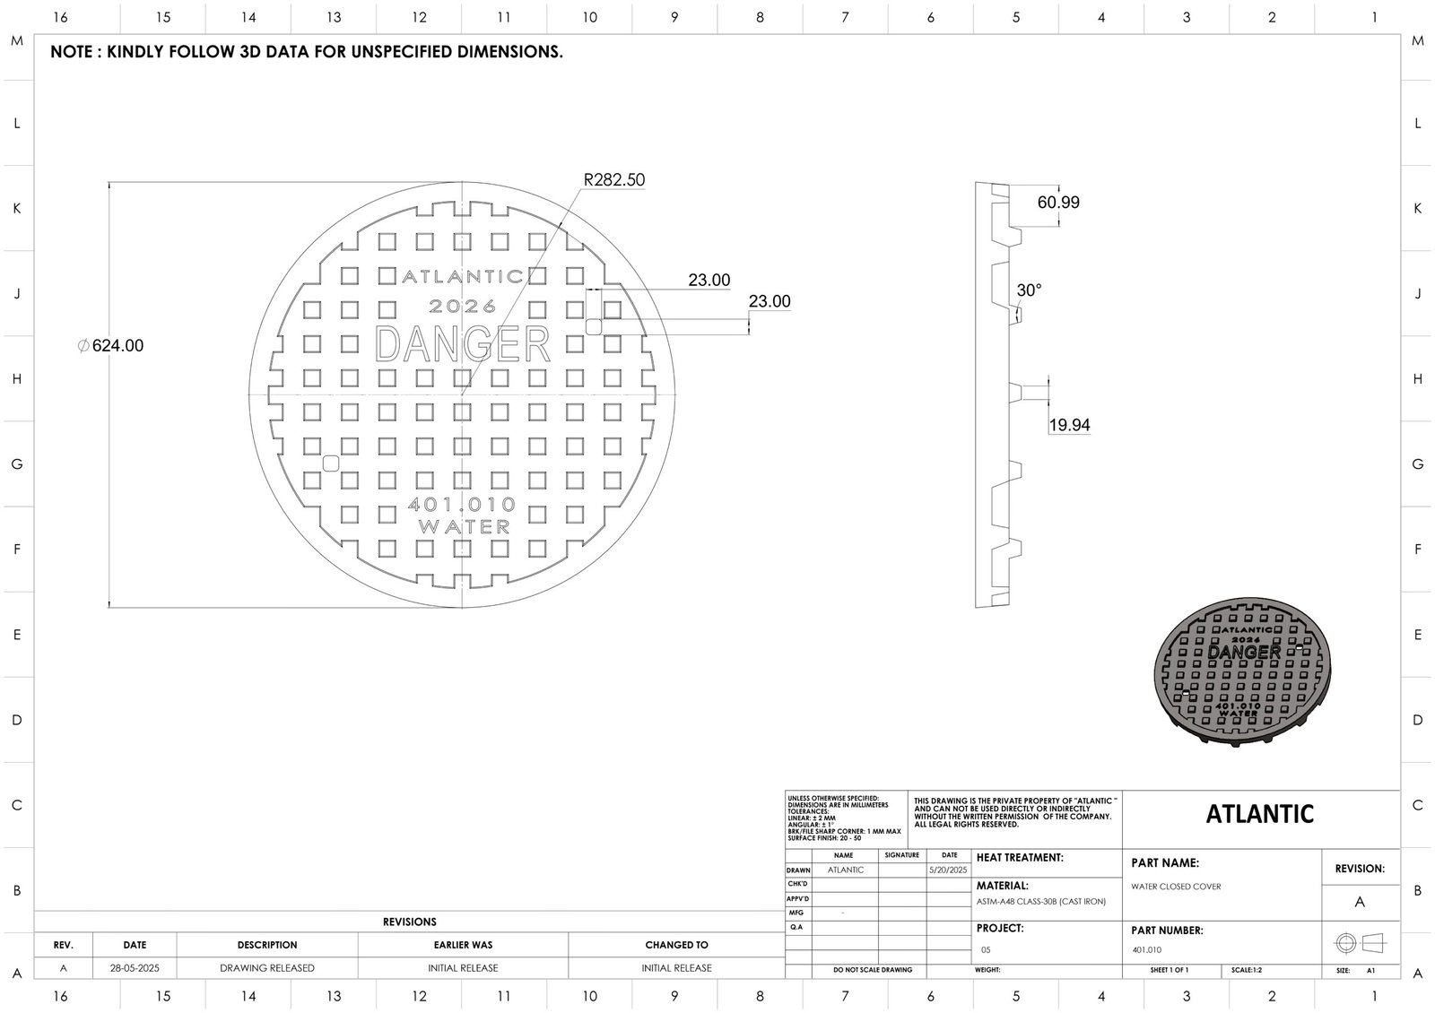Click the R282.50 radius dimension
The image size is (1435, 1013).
tap(614, 180)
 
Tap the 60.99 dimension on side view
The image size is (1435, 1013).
tap(1058, 203)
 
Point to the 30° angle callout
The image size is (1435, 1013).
tap(1029, 290)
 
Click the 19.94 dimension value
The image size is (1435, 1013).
tap(1069, 425)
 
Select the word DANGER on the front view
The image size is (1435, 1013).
tap(462, 344)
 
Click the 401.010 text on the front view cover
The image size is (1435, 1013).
tap(462, 505)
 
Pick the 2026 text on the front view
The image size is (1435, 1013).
tap(463, 307)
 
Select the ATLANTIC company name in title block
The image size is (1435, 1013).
tap(1260, 814)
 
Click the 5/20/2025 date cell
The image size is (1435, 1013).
tap(949, 870)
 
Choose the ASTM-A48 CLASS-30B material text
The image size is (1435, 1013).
tap(1041, 902)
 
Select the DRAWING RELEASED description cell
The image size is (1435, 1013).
tap(267, 968)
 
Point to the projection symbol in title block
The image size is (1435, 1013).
tap(1360, 943)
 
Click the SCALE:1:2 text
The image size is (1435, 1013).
tap(1247, 971)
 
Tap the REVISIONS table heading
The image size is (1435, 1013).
tap(409, 922)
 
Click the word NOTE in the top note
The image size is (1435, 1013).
tap(71, 52)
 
